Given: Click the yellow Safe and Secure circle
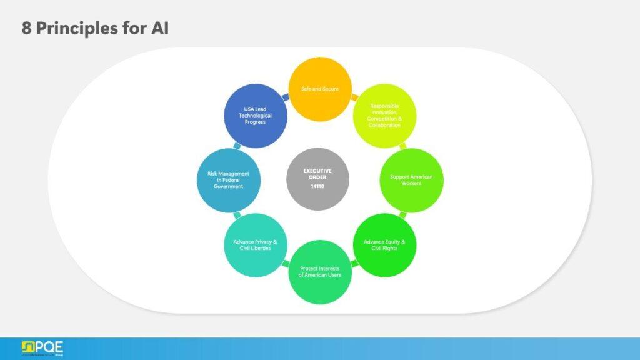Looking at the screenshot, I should (320, 89).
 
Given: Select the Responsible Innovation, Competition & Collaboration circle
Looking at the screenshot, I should (384, 116).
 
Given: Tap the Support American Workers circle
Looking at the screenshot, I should (411, 179).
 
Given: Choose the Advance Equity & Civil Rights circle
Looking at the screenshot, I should (384, 244).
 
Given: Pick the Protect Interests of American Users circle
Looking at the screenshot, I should (320, 272).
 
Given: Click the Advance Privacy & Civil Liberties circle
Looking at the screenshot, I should (255, 244).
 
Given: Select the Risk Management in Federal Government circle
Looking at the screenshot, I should (228, 179).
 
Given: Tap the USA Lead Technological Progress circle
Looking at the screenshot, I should (255, 116).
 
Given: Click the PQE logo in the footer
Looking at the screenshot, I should (42, 348).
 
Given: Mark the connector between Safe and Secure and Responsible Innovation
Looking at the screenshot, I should (354, 97).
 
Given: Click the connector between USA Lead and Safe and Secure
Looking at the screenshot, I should (285, 97).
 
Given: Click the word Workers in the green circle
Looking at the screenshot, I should (411, 184).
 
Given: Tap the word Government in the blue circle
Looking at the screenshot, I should (228, 186).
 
